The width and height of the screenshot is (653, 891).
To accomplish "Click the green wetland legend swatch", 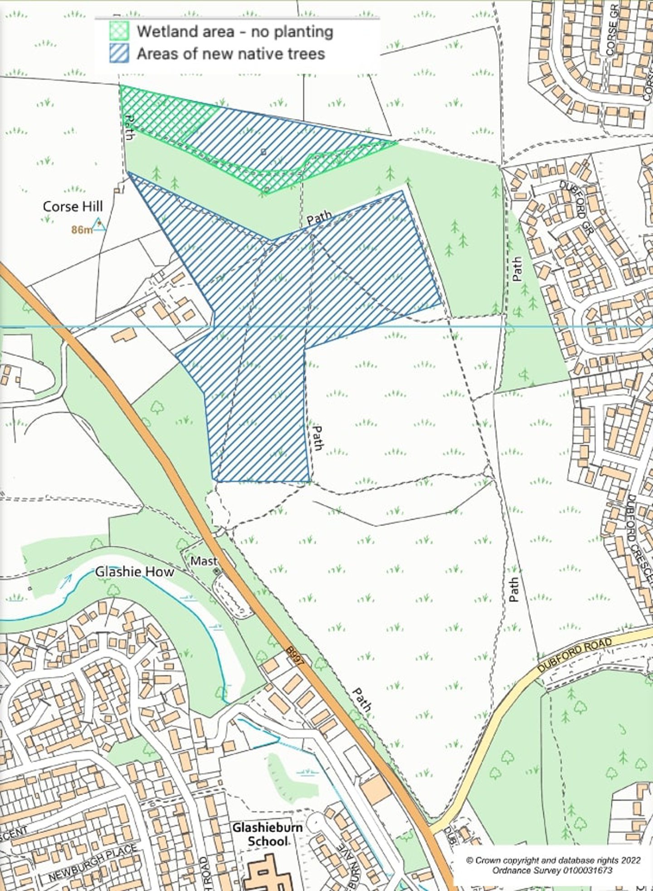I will coord(119,31).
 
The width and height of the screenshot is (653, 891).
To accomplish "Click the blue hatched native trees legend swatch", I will coord(119,54).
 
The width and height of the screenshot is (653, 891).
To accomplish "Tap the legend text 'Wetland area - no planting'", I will coord(235,31).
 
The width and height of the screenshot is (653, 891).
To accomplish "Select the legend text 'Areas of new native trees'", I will coord(231,54).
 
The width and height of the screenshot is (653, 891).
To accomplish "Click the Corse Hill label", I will coord(73,207).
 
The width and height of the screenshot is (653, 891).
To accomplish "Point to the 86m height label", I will coord(82,230).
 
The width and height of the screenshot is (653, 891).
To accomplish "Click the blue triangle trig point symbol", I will coord(99,224).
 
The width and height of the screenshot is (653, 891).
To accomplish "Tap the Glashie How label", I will coord(134,572).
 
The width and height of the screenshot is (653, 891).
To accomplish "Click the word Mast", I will coord(201,561).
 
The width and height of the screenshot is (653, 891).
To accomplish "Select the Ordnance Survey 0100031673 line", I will coord(553,870).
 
